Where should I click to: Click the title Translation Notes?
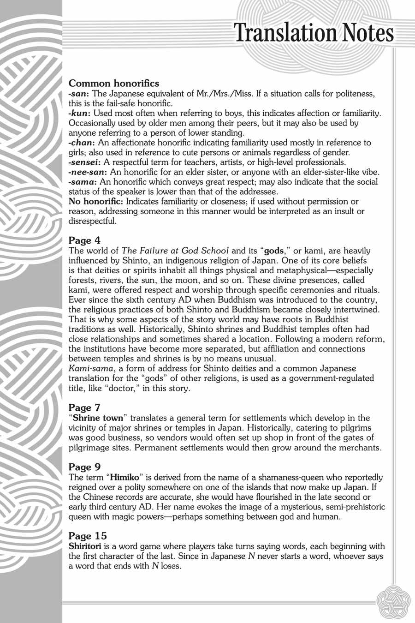click(x=314, y=33)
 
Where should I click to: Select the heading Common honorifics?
click(x=114, y=84)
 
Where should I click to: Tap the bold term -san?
click(x=79, y=94)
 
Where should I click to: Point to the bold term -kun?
click(x=79, y=113)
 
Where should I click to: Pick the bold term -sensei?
click(x=85, y=162)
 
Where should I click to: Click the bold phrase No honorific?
click(x=96, y=202)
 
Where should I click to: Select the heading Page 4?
click(x=84, y=240)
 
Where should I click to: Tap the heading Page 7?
click(x=84, y=408)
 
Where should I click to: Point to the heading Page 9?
click(x=84, y=467)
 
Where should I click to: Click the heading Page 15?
click(x=88, y=536)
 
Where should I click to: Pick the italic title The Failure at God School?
click(x=175, y=251)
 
